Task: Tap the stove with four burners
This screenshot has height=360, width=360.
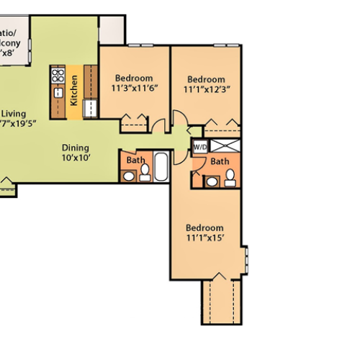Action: (58, 76)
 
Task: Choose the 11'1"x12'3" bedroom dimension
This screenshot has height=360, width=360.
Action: (206, 89)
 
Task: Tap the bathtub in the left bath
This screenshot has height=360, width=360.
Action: (161, 167)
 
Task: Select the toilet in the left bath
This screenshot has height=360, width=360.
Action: (144, 171)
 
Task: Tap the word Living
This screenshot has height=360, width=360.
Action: (14, 113)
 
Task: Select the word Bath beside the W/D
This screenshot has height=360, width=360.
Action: (220, 161)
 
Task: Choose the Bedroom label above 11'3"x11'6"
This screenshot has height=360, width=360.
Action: (134, 78)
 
